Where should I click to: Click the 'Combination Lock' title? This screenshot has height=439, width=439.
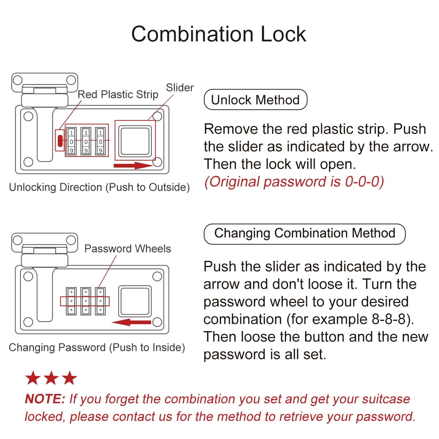coord(219,34)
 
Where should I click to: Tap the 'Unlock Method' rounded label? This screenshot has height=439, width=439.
coord(255,100)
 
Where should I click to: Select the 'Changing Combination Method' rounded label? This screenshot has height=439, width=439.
coord(304,233)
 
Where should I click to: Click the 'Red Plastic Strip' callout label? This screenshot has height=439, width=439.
coord(118,94)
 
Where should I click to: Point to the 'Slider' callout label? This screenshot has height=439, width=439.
coord(180,88)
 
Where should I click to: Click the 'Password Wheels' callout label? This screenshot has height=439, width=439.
coord(127,249)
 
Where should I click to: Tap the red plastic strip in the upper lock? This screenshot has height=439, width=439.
coord(60,140)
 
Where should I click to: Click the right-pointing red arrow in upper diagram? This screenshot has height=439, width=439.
coord(133,166)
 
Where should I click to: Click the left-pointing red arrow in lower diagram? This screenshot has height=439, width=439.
coord(132,322)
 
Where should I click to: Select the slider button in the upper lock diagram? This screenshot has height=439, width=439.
coord(135,141)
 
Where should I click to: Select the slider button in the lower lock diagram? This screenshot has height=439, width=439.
coord(135,301)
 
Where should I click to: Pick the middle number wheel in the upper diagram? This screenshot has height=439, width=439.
coord(86,141)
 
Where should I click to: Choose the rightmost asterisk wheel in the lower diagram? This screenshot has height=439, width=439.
coord(100,301)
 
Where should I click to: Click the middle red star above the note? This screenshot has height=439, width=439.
coord(51,378)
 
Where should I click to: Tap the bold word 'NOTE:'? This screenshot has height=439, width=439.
coord(45,399)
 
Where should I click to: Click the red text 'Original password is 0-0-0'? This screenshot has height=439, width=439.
coord(294,182)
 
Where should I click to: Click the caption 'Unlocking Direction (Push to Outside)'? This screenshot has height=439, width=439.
coord(99,187)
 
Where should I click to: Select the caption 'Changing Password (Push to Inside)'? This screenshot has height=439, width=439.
coord(97,348)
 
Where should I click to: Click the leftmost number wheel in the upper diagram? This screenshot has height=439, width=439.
coord(71,141)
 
